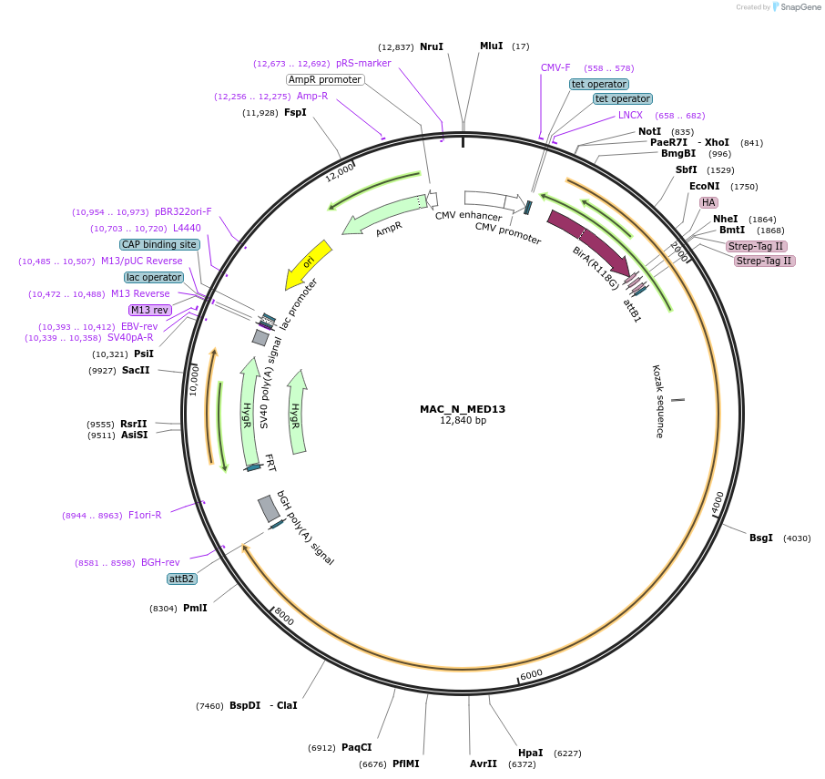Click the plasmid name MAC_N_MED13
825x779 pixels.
463,409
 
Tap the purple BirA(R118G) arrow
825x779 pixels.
587,241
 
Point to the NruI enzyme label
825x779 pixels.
432,46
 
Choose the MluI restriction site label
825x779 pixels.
491,46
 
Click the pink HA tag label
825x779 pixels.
708,202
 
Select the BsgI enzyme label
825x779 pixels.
761,538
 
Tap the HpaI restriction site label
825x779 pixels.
530,753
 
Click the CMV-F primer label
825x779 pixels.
555,68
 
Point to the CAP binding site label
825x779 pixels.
159,244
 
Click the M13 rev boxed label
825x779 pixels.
150,310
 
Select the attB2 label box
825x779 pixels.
182,579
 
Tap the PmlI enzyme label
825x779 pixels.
195,608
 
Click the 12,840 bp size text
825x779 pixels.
463,421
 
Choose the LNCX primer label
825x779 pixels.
630,115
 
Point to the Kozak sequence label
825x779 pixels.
657,401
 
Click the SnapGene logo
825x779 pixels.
791,7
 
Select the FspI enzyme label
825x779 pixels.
295,113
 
